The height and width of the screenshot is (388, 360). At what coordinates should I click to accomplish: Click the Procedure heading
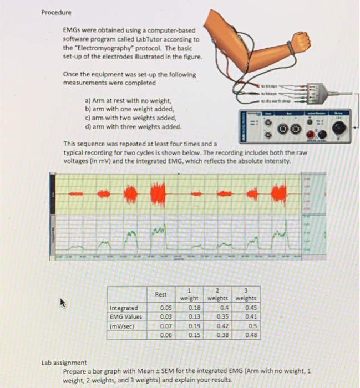coord(56,12)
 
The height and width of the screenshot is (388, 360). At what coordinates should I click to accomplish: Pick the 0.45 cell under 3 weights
coord(251,307)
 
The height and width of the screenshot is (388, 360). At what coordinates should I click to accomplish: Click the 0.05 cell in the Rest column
coord(165,307)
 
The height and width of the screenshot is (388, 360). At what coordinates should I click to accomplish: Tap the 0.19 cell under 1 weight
coord(194,326)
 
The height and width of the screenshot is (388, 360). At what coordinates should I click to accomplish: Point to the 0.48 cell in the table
coord(251,335)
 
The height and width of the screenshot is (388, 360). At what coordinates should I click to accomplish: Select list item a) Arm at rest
coord(123,101)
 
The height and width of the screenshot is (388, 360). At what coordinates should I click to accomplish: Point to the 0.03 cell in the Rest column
coord(165,316)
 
